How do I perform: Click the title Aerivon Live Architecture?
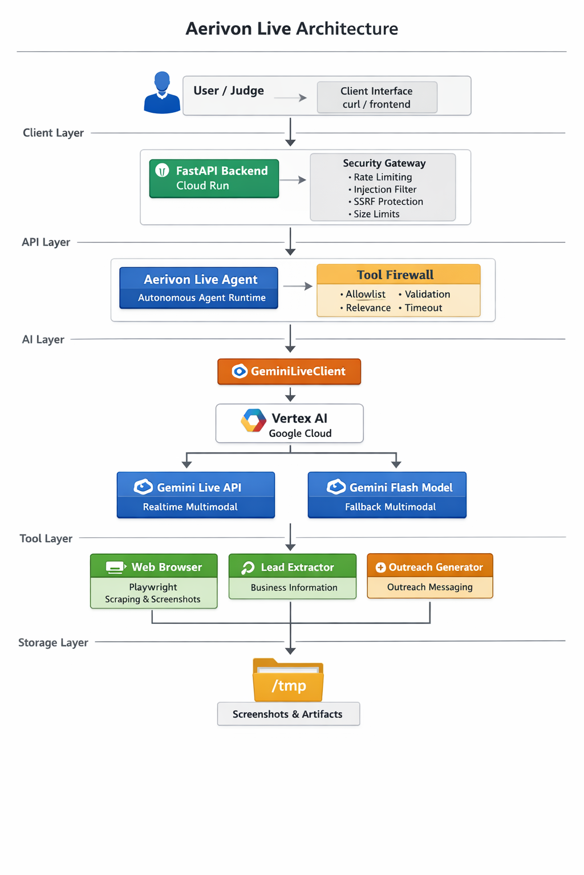tap(291, 28)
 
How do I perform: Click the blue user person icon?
tap(162, 93)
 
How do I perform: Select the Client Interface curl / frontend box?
tap(377, 97)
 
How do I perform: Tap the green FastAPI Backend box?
tap(214, 178)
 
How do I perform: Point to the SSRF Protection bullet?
tap(388, 202)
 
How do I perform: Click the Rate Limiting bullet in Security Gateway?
tap(382, 177)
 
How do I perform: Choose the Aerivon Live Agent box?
tap(198, 288)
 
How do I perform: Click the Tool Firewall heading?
tap(395, 275)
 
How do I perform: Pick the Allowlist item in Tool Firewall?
tap(365, 295)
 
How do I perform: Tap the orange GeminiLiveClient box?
tap(289, 371)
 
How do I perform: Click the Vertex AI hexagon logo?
tap(253, 421)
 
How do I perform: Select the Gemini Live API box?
tap(196, 494)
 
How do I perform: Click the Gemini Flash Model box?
tap(387, 494)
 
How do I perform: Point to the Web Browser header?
tap(154, 567)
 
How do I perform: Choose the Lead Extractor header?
tap(292, 567)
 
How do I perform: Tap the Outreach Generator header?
tap(429, 567)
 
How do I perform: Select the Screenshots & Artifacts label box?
tap(288, 714)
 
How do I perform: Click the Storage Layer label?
tap(53, 643)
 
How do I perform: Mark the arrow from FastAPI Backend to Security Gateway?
tap(293, 180)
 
